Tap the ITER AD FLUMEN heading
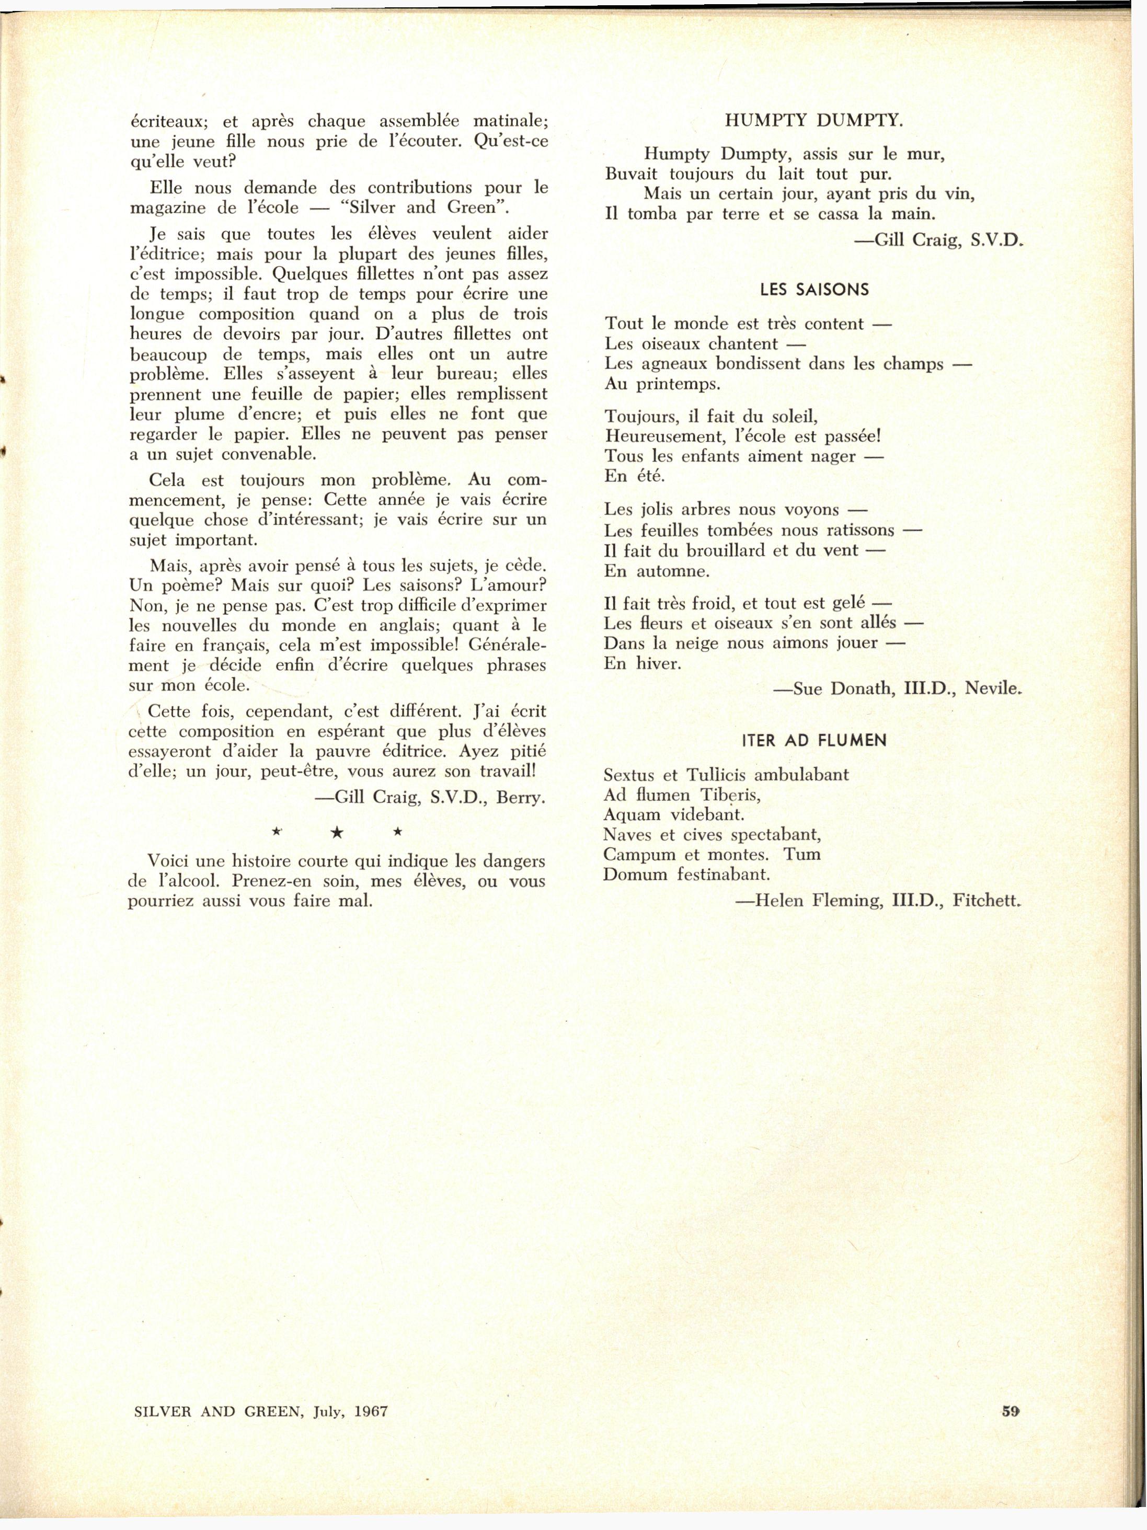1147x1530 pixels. [813, 741]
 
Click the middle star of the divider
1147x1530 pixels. [337, 834]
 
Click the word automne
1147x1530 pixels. [666, 572]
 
